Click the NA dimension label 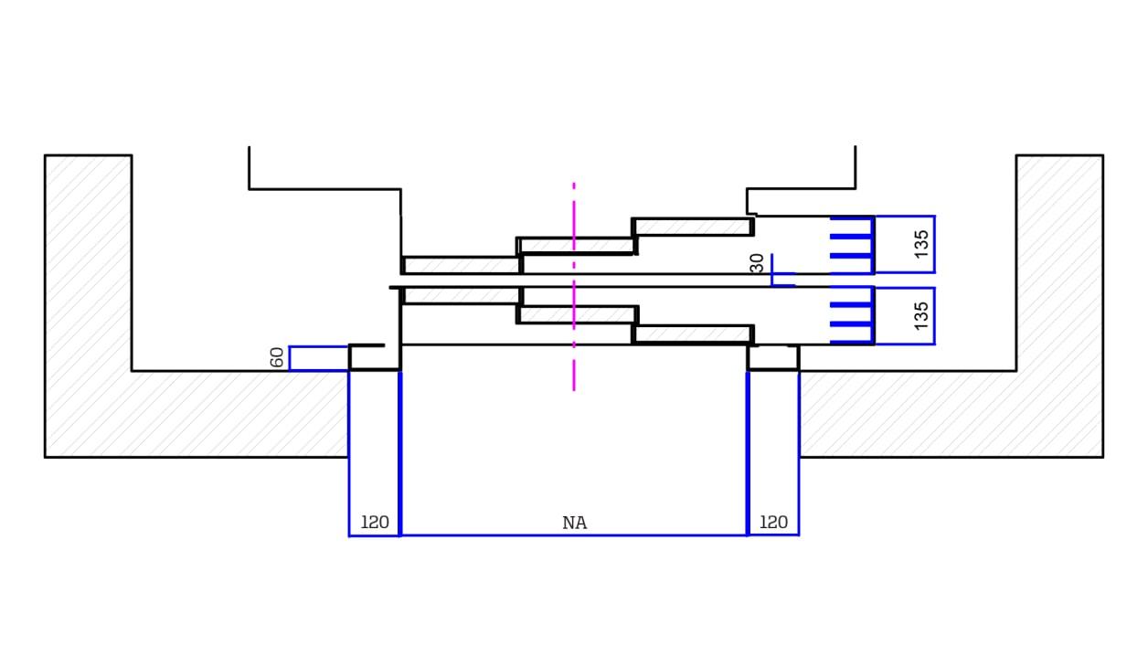point(574,523)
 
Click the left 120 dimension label point(375,523)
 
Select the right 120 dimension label point(773,523)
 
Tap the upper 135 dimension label point(921,244)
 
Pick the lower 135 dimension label point(921,315)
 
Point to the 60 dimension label point(277,358)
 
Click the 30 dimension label point(757,263)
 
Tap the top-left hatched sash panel point(462,265)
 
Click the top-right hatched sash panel point(692,226)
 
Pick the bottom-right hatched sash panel point(692,334)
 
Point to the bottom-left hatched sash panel point(462,295)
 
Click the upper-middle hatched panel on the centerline point(577,246)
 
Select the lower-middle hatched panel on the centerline point(577,314)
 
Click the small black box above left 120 point(374,357)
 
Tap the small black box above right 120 point(773,357)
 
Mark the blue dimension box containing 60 point(318,358)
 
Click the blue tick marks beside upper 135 point(851,245)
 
